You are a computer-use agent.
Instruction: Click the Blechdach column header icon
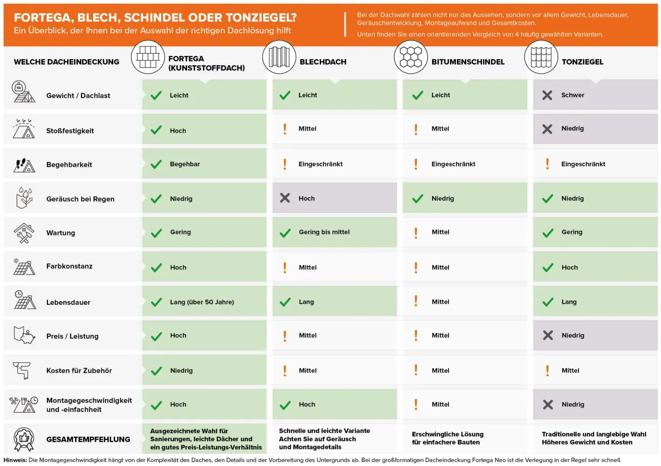279,57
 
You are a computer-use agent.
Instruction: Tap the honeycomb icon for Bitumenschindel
411,57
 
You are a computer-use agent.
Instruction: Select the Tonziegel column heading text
582,62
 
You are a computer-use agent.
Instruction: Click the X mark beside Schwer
547,95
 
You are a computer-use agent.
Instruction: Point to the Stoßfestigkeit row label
70,130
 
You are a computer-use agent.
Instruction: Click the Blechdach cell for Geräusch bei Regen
335,198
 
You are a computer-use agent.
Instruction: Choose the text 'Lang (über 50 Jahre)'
202,302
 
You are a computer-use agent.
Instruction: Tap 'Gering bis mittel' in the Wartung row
324,232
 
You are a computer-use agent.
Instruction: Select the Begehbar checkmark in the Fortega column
156,164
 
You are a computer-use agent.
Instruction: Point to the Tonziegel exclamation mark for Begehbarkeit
547,164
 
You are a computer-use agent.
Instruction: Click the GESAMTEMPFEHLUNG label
88,439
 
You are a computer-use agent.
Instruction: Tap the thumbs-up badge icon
24,439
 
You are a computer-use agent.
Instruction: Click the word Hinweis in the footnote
15,460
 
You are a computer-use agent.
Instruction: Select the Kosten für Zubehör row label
79,370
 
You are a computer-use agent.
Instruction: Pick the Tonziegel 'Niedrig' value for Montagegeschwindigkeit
573,404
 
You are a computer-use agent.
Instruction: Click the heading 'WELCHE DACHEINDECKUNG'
67,62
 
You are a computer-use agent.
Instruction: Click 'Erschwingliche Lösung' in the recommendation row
448,434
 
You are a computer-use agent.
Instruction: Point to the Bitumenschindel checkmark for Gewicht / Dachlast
418,95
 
